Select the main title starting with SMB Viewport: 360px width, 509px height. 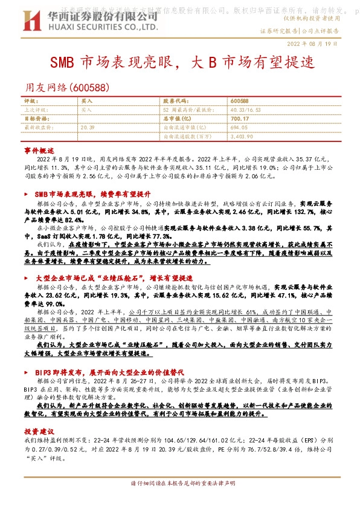180,63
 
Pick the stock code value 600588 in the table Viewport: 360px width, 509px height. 240,101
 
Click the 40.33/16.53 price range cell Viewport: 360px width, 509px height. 246,110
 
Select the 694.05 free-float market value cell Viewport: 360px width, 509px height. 239,128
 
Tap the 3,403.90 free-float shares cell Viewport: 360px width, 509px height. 242,137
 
